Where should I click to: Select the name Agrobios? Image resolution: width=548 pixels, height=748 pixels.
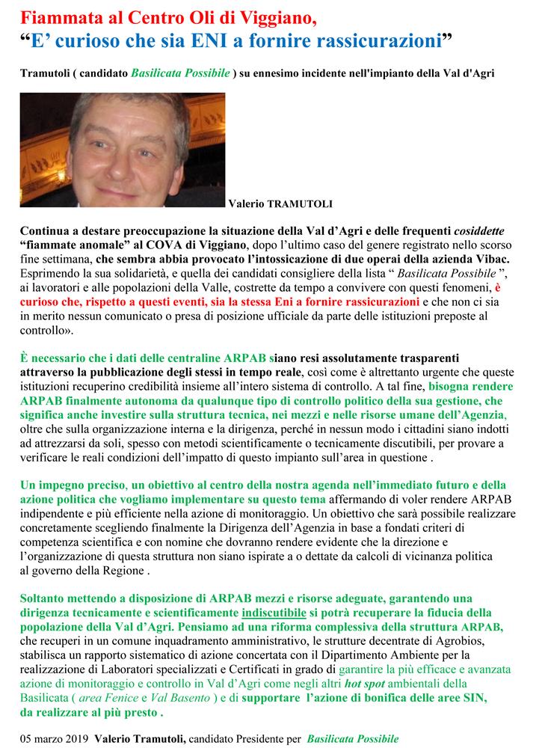(458, 641)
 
